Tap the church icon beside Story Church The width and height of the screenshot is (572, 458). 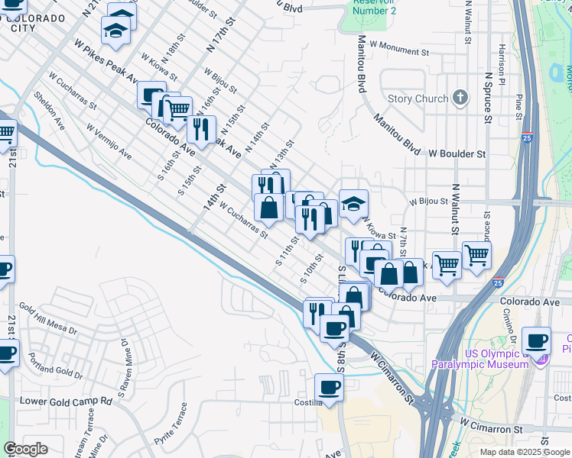pyautogui.click(x=460, y=97)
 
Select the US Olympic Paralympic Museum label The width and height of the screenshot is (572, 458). pyautogui.click(x=480, y=358)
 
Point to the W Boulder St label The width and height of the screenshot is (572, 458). pyautogui.click(x=457, y=153)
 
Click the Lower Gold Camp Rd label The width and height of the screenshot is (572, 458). pyautogui.click(x=66, y=401)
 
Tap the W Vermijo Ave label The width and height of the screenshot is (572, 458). pyautogui.click(x=109, y=143)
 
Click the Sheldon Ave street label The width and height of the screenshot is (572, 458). pyautogui.click(x=47, y=111)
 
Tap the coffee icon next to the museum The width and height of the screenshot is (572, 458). pyautogui.click(x=536, y=340)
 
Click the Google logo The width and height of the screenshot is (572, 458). pyautogui.click(x=25, y=449)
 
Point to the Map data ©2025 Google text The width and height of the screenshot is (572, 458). pyautogui.click(x=524, y=452)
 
